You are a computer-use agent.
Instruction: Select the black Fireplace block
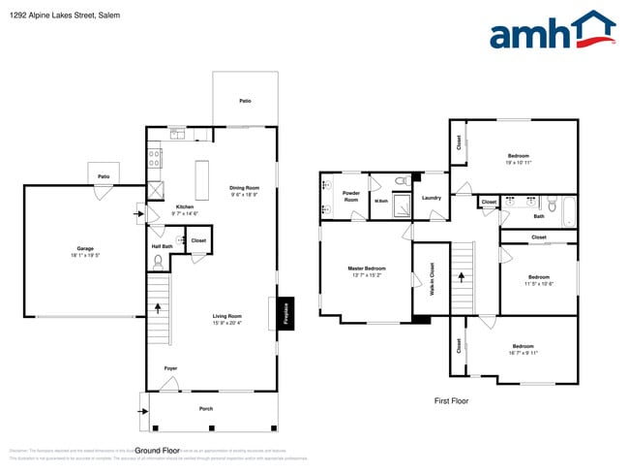click(286, 312)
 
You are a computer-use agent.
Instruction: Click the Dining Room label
click(244, 190)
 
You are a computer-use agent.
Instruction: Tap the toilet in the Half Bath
click(158, 260)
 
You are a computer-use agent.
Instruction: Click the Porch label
click(205, 408)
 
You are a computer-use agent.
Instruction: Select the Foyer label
click(169, 368)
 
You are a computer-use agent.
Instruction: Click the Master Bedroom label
click(367, 270)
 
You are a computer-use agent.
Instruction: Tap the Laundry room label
click(432, 198)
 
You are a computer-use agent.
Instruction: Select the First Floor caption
click(452, 399)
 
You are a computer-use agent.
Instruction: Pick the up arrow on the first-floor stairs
click(462, 277)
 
